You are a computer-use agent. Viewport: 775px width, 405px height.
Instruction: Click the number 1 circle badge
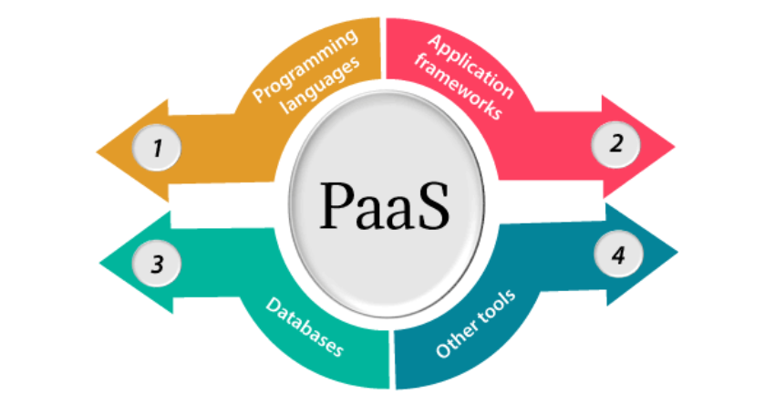[157, 148]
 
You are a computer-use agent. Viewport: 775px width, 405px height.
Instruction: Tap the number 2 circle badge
[615, 144]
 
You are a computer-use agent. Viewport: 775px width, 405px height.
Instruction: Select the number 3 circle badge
[157, 264]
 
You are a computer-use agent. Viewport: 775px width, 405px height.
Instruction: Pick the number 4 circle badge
[618, 254]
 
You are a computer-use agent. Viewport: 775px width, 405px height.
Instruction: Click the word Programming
[305, 65]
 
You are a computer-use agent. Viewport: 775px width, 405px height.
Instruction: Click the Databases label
[305, 327]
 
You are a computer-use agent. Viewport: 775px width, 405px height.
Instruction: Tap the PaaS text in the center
[385, 206]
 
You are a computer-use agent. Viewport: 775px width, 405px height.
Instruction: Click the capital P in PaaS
[337, 206]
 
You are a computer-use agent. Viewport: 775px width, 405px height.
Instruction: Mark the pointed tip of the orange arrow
[97, 151]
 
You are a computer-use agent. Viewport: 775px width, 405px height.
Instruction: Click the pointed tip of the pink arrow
[675, 146]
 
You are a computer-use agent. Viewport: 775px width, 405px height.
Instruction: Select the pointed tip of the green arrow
[99, 263]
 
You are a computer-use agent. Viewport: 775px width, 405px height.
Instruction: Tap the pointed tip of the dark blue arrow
[678, 253]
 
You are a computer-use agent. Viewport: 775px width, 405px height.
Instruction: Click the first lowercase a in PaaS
[369, 213]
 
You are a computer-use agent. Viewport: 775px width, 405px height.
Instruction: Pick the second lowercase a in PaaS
[401, 213]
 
